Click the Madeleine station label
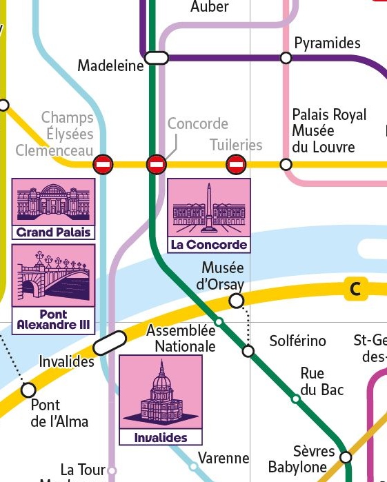coord(110,66)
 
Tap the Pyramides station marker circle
coord(286,57)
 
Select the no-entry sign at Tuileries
coord(236,164)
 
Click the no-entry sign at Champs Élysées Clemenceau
coord(103,164)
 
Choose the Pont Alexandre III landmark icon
coord(54,288)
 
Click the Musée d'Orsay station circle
coord(236,301)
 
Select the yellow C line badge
coord(355,290)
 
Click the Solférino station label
coord(297,341)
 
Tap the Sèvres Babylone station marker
coord(346,457)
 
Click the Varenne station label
coord(224,458)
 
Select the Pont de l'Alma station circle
coord(28,390)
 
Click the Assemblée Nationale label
coord(181,339)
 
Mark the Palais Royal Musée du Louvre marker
coord(286,164)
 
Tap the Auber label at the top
coord(209,8)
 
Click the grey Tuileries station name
coord(236,145)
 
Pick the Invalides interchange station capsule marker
coord(110,343)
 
